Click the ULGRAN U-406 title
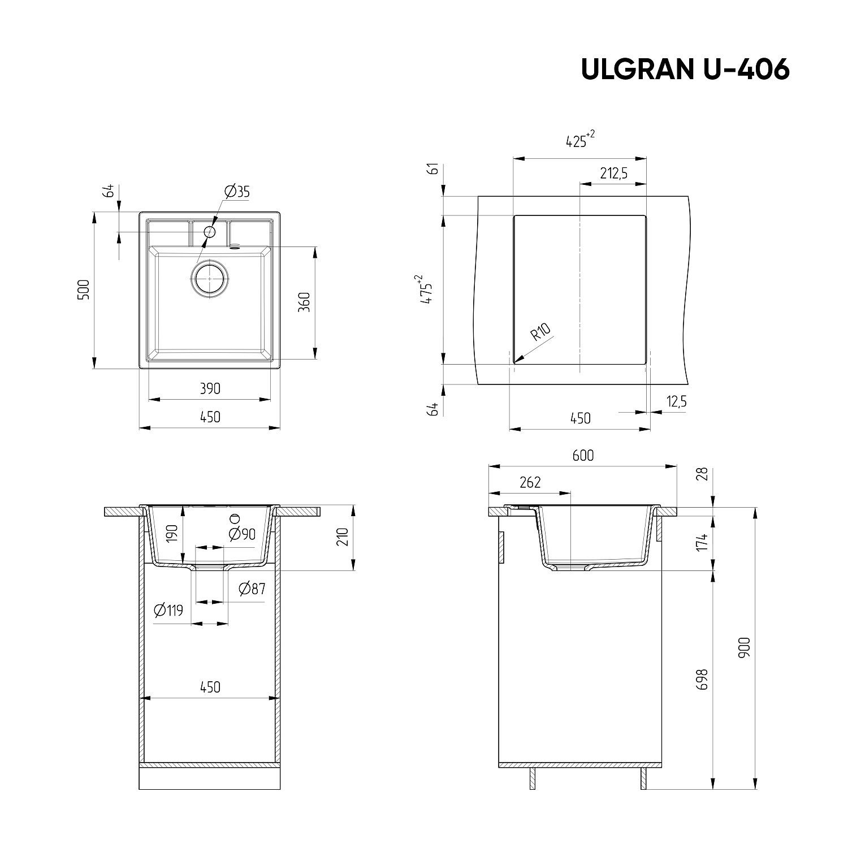(x=685, y=70)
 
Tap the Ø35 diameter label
(x=236, y=192)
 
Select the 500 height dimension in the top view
(x=84, y=291)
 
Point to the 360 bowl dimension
(x=304, y=302)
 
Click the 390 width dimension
(x=210, y=389)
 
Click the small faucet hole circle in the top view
(x=210, y=231)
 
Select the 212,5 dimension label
(x=613, y=174)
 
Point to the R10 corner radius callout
(x=540, y=333)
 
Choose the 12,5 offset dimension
(x=676, y=402)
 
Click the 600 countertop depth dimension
(x=582, y=455)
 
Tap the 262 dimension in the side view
(x=530, y=482)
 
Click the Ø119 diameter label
(x=168, y=611)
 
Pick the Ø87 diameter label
(x=252, y=589)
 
